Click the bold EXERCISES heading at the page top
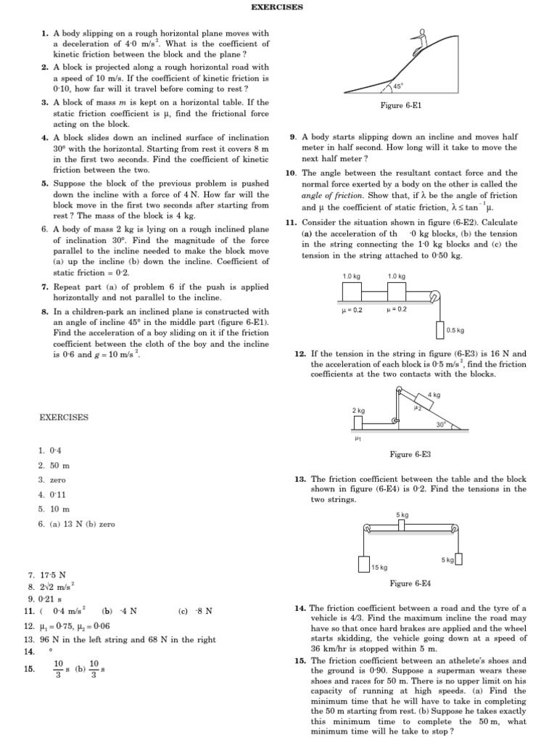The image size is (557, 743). click(x=277, y=7)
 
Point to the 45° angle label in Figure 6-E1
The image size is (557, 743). click(x=398, y=86)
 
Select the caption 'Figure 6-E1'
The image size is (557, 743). click(x=401, y=106)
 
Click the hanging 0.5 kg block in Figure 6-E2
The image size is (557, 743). click(x=440, y=329)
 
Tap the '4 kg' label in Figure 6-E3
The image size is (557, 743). click(x=434, y=395)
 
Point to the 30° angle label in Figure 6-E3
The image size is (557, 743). click(x=440, y=424)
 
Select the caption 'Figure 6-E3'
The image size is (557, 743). click(x=410, y=454)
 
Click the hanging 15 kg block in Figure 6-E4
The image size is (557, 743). click(x=365, y=565)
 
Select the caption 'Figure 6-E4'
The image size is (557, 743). click(x=410, y=583)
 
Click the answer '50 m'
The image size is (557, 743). click(x=59, y=465)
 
